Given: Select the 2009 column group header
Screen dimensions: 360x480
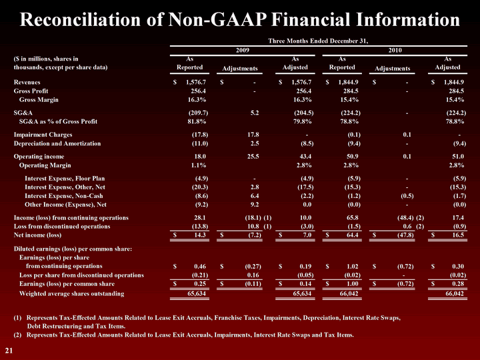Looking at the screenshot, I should [243, 50].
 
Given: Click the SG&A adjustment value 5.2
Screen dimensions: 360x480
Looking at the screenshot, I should [254, 113].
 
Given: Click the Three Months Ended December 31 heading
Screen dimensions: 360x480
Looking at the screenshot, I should [318, 41].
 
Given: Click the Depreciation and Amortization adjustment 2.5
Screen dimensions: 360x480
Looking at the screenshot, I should [254, 142].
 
